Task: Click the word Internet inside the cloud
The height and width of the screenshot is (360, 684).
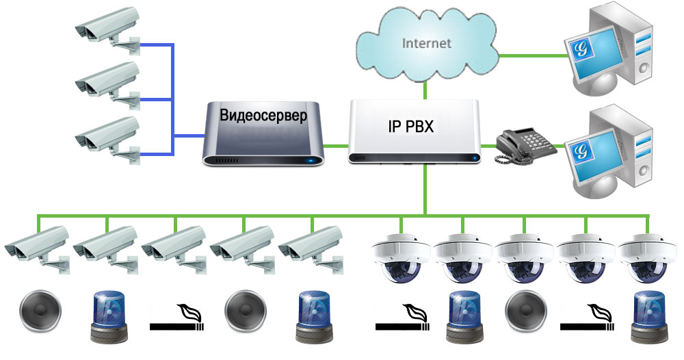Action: coord(426,43)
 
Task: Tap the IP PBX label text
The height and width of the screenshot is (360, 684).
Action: coord(411,126)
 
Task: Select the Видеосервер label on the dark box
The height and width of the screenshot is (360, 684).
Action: coord(263,116)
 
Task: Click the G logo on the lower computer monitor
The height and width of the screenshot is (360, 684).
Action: coord(581,151)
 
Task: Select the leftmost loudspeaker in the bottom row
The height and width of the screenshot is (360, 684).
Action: coord(40,311)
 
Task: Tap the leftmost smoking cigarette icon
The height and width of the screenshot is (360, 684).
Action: coord(176,318)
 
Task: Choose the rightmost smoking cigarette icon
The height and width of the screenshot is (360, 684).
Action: coord(587,318)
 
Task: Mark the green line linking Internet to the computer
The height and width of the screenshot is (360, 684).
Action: coord(533,55)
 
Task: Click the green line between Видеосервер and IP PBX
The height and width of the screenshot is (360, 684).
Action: coord(335,144)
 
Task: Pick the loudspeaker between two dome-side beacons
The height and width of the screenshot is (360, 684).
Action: coord(525,311)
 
